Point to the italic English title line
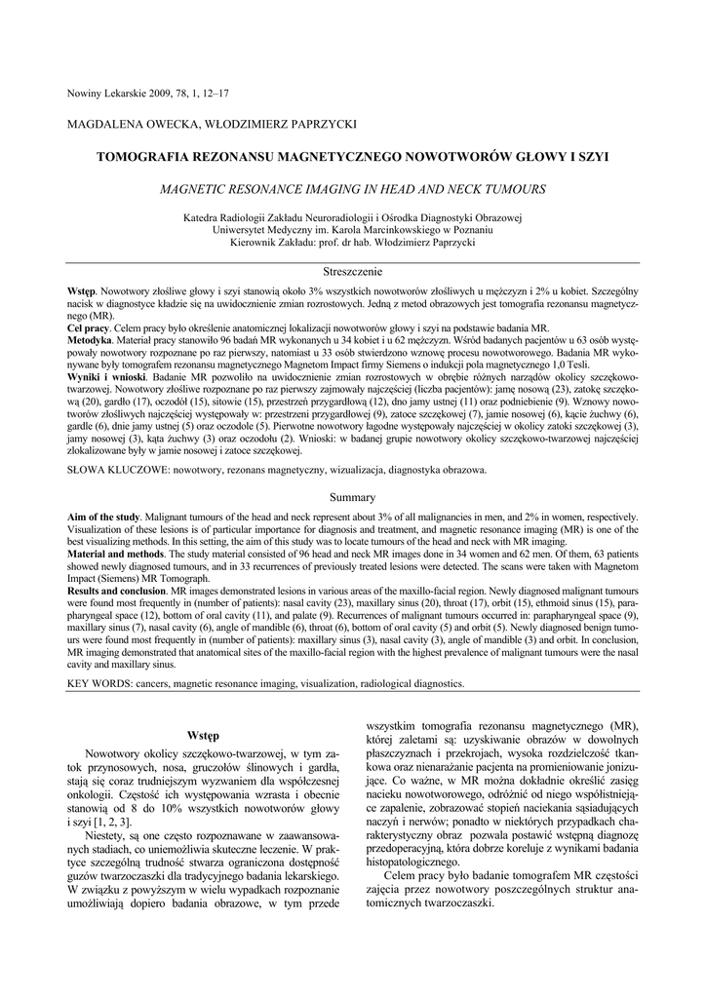pos(352,188)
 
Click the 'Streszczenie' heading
pos(352,271)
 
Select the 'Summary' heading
pos(352,498)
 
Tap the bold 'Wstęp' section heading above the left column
pos(202,734)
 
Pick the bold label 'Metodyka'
pos(91,341)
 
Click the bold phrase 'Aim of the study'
pos(103,516)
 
